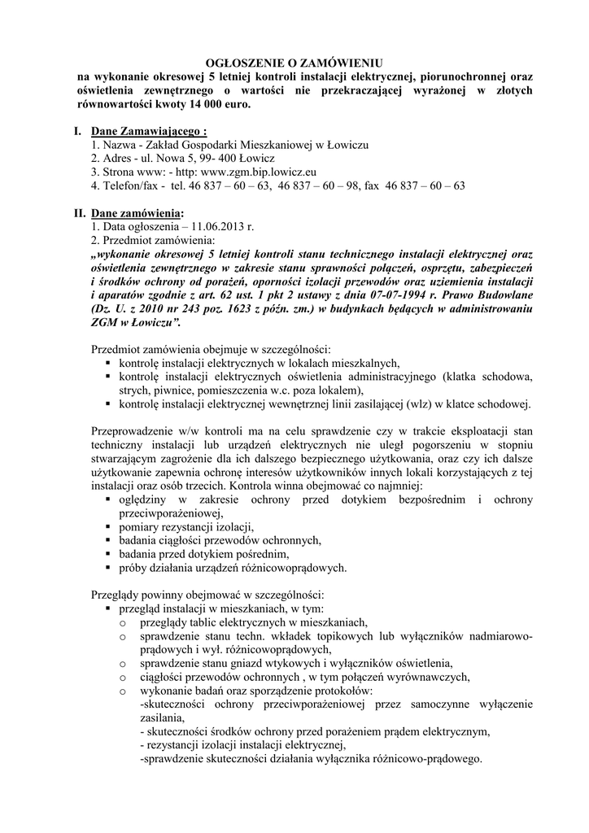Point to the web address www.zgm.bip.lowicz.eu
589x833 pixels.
click(258, 172)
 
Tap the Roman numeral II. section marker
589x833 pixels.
click(80, 212)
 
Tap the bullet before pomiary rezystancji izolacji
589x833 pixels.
click(108, 527)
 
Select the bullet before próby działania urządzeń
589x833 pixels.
click(108, 568)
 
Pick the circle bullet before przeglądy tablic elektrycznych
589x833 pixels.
click(123, 622)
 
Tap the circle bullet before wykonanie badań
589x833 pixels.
click(123, 691)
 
